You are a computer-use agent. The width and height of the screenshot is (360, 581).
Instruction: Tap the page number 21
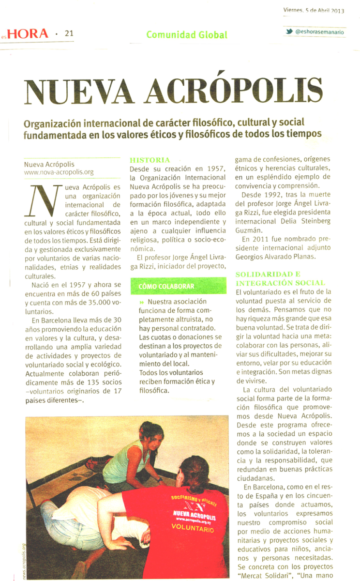pos(69,33)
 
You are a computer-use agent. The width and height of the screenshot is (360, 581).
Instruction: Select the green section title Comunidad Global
pos(186,35)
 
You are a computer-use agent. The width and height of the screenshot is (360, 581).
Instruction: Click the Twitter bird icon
pos(289,32)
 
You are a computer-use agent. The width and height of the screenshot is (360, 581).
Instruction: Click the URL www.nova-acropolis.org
pos(59,172)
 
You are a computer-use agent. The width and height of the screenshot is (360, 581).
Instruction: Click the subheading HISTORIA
pos(150,160)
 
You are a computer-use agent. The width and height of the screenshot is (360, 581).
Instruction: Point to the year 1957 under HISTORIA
pos(214,168)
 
